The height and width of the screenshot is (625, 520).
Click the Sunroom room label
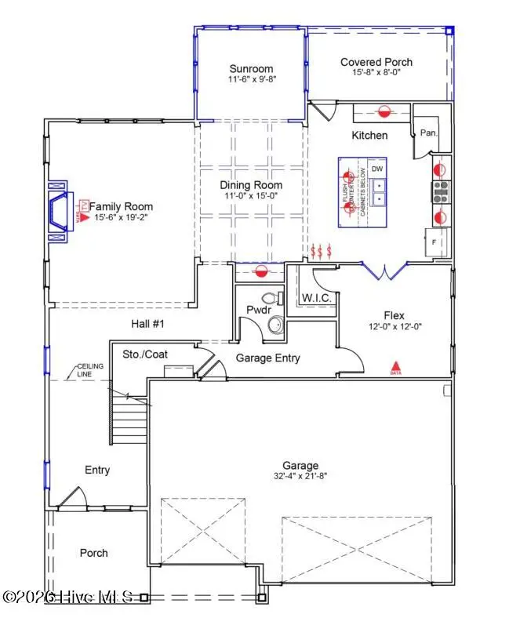pos(250,68)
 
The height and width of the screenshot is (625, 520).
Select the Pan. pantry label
pos(428,133)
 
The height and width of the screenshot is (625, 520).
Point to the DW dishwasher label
pos(377,169)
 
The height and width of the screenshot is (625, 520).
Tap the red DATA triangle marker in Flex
pos(396,366)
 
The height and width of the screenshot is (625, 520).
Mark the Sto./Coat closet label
pos(145,354)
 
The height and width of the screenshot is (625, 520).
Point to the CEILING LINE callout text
pos(87,372)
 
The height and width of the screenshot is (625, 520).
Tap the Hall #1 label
pos(147,323)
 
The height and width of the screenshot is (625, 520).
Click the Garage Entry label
pos(268,358)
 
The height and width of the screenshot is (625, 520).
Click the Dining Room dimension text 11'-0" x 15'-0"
pos(250,198)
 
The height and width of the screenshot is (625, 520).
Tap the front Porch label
pos(94,553)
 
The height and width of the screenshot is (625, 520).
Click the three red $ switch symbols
pos(322,251)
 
